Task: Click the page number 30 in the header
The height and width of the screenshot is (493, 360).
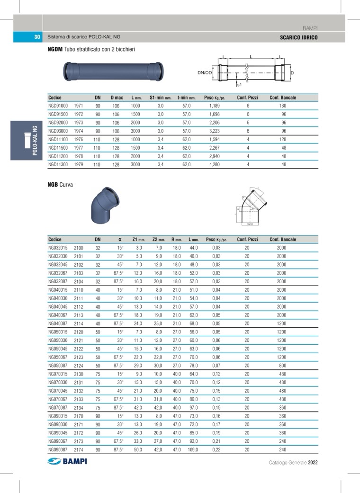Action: point(37,37)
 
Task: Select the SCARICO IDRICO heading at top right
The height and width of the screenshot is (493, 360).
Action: point(299,37)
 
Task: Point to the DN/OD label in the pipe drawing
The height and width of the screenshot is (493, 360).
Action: point(204,73)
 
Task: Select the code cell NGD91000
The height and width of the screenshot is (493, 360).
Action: point(58,106)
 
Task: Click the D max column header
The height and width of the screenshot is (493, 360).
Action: point(117,98)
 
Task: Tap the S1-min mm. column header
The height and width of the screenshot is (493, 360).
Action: point(160,98)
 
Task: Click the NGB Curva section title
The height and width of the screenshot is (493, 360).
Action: point(60,185)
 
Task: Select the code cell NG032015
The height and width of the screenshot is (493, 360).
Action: point(58,248)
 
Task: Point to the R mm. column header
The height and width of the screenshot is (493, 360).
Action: point(177,240)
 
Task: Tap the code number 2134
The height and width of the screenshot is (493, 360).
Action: point(79,407)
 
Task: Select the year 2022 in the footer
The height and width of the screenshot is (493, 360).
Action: point(313,463)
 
